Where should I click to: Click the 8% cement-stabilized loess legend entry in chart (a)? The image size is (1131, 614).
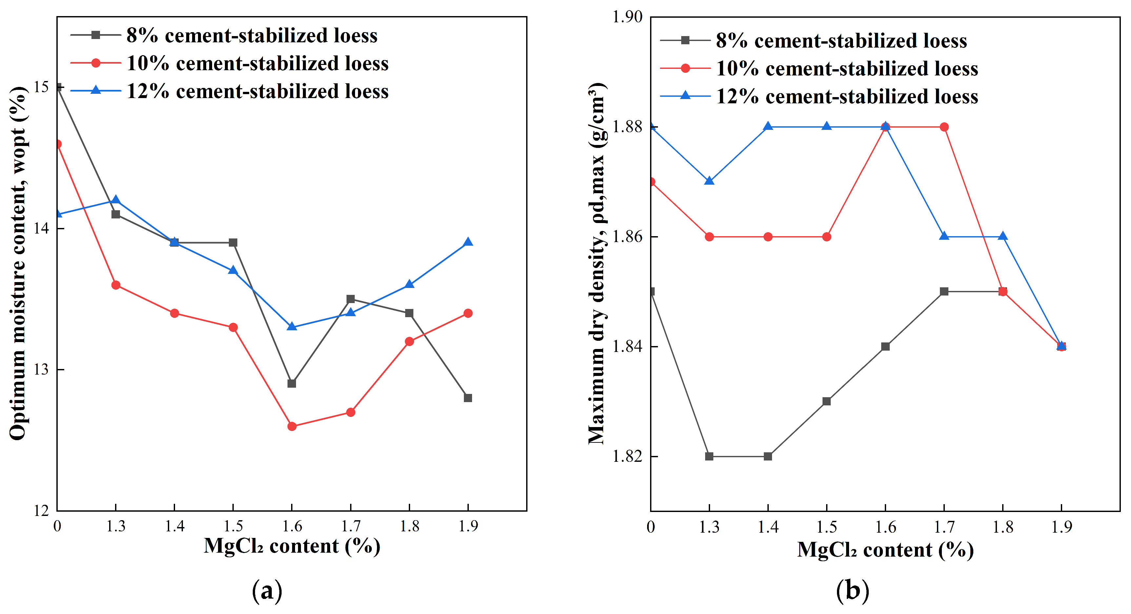(224, 35)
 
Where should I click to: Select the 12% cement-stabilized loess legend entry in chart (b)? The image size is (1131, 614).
(819, 96)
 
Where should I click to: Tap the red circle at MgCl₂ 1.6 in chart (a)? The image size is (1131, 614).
(292, 426)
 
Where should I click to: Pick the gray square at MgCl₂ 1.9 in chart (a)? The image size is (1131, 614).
(468, 398)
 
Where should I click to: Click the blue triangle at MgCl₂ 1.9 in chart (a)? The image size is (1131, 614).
(468, 242)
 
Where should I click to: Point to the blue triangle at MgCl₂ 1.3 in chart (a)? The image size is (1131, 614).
(116, 200)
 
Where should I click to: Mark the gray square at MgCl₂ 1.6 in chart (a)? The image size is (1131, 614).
(292, 384)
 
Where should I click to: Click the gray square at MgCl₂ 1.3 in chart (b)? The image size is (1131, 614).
(709, 456)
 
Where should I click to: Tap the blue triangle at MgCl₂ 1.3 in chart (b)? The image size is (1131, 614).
(709, 180)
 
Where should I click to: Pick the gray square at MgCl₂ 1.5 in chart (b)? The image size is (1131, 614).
(827, 401)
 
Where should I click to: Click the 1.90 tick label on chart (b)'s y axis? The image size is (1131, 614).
(627, 17)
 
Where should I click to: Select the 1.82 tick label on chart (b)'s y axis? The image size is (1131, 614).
(627, 456)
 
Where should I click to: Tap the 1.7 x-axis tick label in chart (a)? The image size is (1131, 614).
(351, 526)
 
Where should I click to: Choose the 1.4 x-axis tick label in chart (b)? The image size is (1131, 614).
(768, 527)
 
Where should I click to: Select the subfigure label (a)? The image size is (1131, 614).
(268, 591)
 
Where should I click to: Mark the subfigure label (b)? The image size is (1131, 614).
(853, 591)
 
